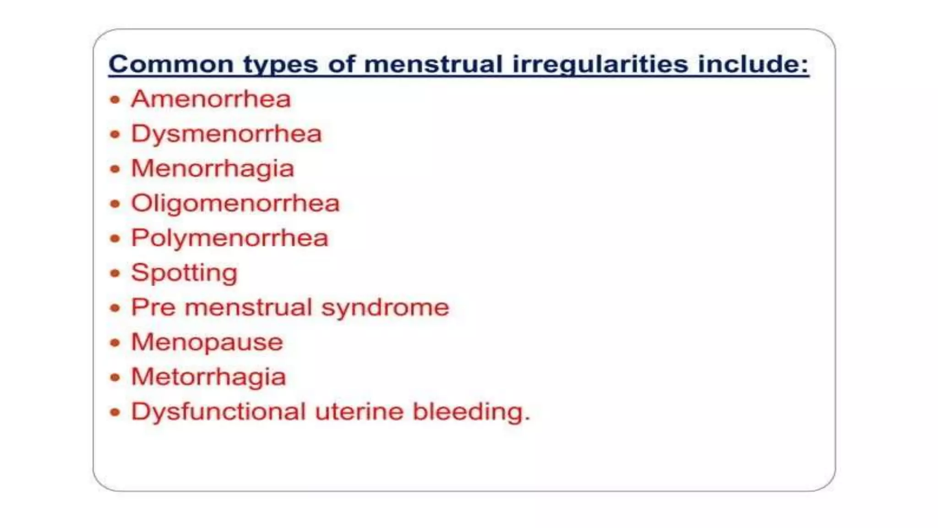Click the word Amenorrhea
coord(211,99)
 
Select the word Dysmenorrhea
coord(226,134)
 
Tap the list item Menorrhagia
coord(213,169)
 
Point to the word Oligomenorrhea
coord(235,203)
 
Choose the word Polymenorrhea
coord(229,238)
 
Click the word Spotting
coord(184,273)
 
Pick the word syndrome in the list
coord(385,307)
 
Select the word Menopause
coord(207,342)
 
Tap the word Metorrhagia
coord(208,377)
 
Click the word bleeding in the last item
coord(471,411)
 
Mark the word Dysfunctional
coord(218,411)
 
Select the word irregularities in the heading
coord(600,64)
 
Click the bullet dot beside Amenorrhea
coord(115,99)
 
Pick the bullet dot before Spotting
coord(115,273)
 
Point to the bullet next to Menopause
coord(115,343)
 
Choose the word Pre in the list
coord(153,307)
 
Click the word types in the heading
coord(280,65)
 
